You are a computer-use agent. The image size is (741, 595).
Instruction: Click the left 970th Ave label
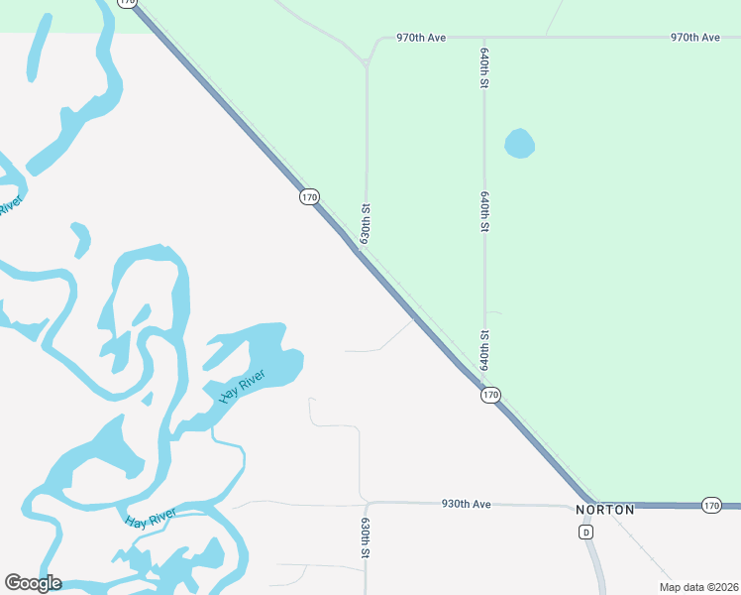[421, 38]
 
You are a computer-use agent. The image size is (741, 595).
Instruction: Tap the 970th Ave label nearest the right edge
[694, 38]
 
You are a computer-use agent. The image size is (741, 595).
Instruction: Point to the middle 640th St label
[484, 210]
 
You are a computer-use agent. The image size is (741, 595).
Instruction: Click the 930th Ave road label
[467, 505]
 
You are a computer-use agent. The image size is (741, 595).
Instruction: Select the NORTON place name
[604, 510]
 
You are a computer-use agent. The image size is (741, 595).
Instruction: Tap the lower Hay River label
[151, 518]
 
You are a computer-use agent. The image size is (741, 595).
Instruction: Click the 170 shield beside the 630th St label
[309, 197]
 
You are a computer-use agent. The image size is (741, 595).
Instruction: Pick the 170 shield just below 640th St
[490, 396]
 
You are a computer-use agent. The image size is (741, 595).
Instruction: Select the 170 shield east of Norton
[711, 506]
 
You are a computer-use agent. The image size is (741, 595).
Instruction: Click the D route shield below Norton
[586, 533]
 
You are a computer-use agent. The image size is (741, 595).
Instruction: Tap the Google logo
[33, 583]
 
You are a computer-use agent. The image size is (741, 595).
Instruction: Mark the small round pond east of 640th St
[519, 144]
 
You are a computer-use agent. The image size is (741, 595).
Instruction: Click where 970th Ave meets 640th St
[484, 38]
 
